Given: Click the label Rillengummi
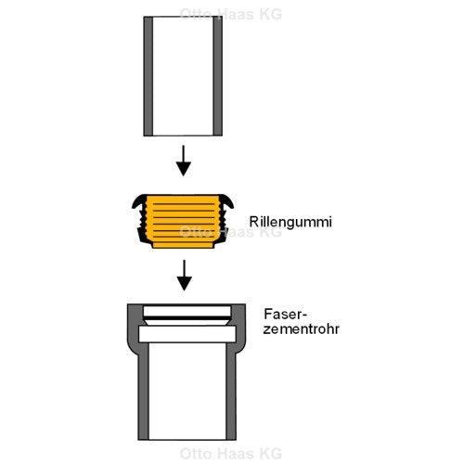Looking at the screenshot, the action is pyautogui.click(x=290, y=223).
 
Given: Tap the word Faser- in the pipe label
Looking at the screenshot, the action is pyautogui.click(x=285, y=315).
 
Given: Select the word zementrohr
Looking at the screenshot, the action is pyautogui.click(x=301, y=329).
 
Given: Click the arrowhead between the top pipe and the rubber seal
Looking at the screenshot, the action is pyautogui.click(x=184, y=168).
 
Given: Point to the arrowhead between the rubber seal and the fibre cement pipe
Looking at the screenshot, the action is pyautogui.click(x=185, y=283).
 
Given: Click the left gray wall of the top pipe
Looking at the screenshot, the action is pyautogui.click(x=148, y=76).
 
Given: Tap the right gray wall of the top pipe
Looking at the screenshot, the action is pyautogui.click(x=217, y=76).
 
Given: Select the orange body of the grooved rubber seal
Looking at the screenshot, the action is pyautogui.click(x=183, y=222).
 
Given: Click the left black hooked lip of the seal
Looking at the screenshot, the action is pyautogui.click(x=138, y=201).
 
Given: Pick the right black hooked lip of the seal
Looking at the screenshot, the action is pyautogui.click(x=227, y=201).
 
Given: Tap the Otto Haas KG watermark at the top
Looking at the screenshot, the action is pyautogui.click(x=231, y=14).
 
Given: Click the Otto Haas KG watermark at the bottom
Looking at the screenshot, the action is pyautogui.click(x=231, y=454).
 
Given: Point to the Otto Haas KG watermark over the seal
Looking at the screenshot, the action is pyautogui.click(x=231, y=232).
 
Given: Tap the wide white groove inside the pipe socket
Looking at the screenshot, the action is pyautogui.click(x=187, y=334).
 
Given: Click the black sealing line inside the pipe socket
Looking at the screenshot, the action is pyautogui.click(x=187, y=318).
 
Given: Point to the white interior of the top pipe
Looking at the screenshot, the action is pyautogui.click(x=183, y=76).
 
